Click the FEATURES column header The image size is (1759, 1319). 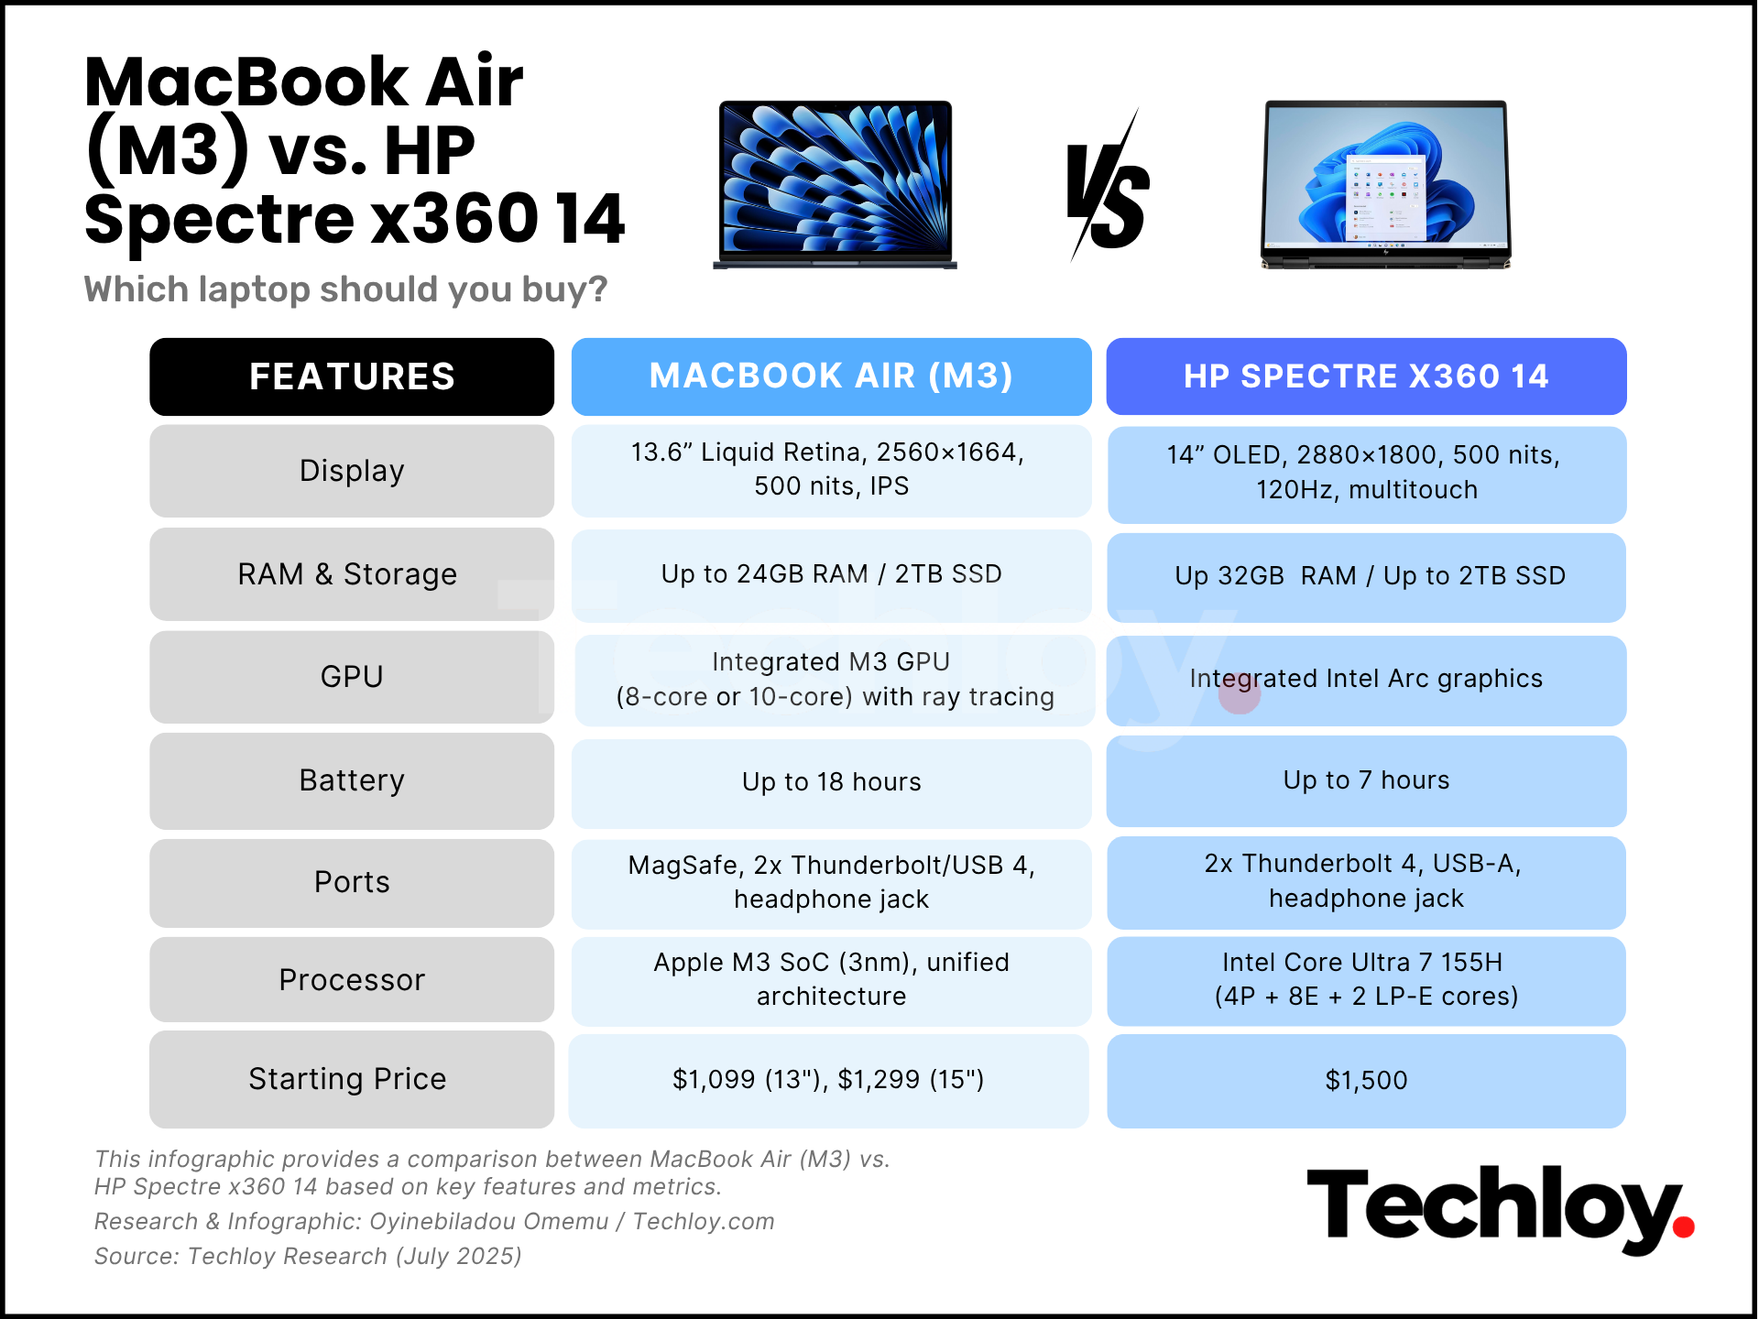[352, 376]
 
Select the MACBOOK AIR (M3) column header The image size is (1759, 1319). [831, 376]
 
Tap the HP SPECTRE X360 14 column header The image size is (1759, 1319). [1366, 376]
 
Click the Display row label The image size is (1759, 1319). [352, 471]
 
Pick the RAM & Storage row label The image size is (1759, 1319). [352, 574]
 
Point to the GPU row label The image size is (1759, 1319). [352, 677]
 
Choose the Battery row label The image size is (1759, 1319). [352, 780]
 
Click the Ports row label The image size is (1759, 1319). [352, 882]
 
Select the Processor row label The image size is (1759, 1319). [352, 980]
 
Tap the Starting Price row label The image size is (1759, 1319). [352, 1079]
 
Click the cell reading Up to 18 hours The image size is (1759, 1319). [831, 783]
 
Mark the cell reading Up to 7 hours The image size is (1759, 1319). [1366, 780]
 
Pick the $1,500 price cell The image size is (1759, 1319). [1366, 1081]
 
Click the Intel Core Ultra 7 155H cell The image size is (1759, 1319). [1366, 980]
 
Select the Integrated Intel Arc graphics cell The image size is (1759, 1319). [1366, 681]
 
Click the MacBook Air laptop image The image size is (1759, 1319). [836, 184]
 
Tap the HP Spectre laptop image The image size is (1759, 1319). [1385, 184]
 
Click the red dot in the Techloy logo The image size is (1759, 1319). [1683, 1226]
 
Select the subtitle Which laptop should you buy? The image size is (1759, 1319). [345, 289]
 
